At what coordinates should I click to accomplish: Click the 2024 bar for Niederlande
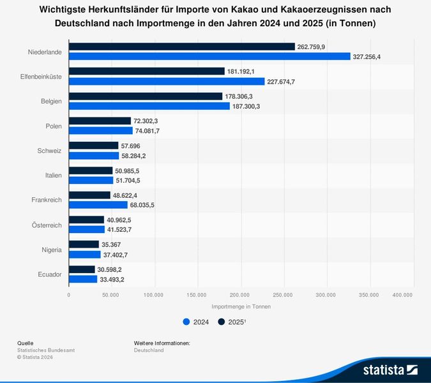[209, 56]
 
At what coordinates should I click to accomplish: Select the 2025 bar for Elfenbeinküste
[146, 71]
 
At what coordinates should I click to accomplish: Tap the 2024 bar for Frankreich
[98, 205]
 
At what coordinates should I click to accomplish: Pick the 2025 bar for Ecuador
[82, 270]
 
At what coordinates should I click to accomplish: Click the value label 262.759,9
[312, 47]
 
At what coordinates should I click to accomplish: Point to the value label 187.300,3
[246, 106]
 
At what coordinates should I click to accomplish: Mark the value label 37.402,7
[117, 254]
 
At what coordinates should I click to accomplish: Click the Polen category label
[54, 126]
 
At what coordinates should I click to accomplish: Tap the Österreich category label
[47, 225]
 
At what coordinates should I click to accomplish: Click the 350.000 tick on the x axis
[369, 295]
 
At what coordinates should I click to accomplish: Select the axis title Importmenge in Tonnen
[241, 307]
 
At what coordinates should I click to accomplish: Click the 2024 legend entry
[196, 322]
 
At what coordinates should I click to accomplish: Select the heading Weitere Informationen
[162, 343]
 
